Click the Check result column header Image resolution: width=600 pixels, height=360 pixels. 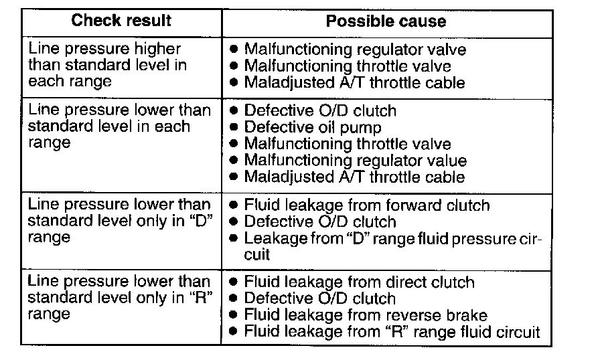click(x=121, y=21)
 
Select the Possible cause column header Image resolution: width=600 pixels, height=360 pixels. click(x=386, y=21)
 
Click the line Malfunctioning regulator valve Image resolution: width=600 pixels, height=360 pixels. click(x=355, y=50)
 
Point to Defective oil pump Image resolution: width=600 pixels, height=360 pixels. click(x=313, y=127)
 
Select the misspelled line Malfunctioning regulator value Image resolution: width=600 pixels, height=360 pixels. click(x=355, y=161)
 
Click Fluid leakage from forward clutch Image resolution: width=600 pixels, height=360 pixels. click(x=367, y=205)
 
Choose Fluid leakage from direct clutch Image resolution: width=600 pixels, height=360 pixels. click(x=359, y=282)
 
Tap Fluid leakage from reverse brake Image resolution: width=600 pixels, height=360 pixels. click(x=366, y=314)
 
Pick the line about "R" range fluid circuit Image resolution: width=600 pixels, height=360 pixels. click(x=392, y=331)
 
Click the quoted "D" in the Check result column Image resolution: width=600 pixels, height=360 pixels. click(x=202, y=221)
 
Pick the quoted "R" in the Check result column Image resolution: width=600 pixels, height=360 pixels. click(x=202, y=297)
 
